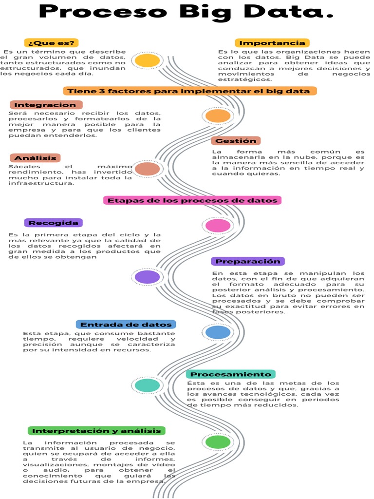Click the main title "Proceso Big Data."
[x=187, y=12]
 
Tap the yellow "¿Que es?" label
[x=51, y=42]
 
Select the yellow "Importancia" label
[x=272, y=43]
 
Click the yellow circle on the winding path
[x=147, y=60]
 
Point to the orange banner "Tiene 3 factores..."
[x=189, y=91]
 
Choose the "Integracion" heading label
[x=46, y=105]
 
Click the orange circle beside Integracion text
[x=217, y=115]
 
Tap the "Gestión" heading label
[x=236, y=141]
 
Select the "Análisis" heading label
[x=35, y=158]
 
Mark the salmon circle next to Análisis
[x=147, y=169]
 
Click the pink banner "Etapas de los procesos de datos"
[x=192, y=200]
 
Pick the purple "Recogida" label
[x=53, y=223]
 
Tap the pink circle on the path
[x=218, y=226]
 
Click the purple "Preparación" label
[x=248, y=261]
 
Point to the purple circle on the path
[x=147, y=277]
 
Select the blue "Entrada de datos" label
[x=126, y=325]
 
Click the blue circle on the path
[x=218, y=332]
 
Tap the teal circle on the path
[x=147, y=385]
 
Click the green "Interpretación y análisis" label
[x=96, y=431]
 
